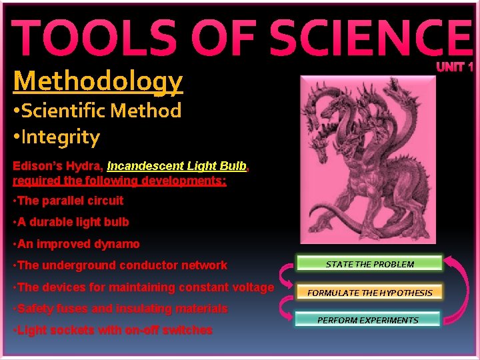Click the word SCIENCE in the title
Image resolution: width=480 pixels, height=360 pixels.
[x=361, y=38]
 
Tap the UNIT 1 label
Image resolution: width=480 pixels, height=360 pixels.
[x=455, y=67]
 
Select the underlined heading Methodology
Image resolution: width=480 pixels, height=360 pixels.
[x=97, y=81]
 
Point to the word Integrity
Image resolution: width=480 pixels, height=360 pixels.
[x=60, y=137]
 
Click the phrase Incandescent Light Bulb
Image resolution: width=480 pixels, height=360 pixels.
[x=177, y=165]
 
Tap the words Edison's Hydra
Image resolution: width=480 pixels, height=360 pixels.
[x=57, y=165]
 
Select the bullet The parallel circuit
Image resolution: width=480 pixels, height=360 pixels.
[x=69, y=201]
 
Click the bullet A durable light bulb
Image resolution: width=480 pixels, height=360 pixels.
[x=71, y=222]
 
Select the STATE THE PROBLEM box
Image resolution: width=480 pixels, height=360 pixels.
[x=369, y=264]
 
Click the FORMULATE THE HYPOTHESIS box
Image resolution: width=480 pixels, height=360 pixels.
[x=369, y=292]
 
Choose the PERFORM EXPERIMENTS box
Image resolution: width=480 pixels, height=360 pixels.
[x=367, y=320]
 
